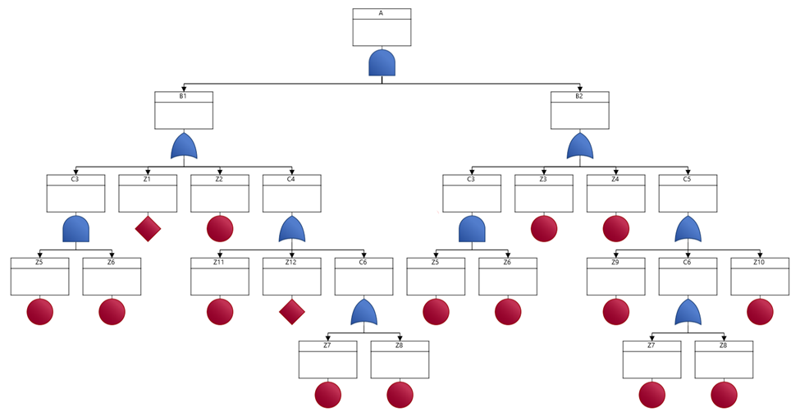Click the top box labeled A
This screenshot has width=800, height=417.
click(x=382, y=27)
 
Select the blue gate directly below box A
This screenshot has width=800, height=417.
click(x=382, y=63)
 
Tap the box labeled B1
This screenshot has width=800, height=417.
click(x=184, y=110)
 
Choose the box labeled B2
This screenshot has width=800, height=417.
click(x=579, y=110)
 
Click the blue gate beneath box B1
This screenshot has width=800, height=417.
click(x=184, y=147)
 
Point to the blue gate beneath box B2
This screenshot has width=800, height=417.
click(x=579, y=147)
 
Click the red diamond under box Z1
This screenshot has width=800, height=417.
click(x=148, y=229)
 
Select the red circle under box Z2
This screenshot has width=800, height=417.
click(x=220, y=229)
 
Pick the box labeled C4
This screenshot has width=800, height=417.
click(x=291, y=193)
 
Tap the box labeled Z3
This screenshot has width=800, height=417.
click(x=543, y=193)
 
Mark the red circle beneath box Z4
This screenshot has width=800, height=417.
click(x=615, y=229)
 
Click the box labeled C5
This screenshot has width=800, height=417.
click(x=688, y=193)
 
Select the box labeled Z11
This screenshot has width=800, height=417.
click(x=220, y=276)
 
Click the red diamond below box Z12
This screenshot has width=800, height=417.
click(x=291, y=312)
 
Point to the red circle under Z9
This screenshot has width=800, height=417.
click(x=615, y=312)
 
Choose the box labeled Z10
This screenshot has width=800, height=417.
click(x=760, y=276)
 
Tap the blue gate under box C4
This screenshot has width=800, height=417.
click(x=291, y=230)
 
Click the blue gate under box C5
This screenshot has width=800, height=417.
click(x=688, y=230)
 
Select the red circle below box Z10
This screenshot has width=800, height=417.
click(x=760, y=312)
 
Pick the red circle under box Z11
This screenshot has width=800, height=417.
click(x=220, y=312)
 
